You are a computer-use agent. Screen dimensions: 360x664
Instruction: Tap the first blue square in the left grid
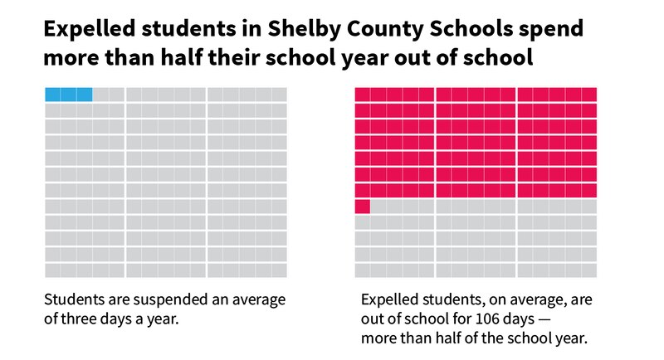point(52,94)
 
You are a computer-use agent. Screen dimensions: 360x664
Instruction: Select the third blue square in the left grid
point(85,94)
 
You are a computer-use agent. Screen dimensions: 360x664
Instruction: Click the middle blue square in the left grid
point(68,94)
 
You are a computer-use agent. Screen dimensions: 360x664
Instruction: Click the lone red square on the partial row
point(362,207)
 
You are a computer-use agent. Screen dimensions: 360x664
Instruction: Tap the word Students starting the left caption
point(72,299)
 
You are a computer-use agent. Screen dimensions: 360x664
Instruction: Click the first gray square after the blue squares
point(100,94)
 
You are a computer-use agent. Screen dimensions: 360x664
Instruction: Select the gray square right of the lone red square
point(378,207)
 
